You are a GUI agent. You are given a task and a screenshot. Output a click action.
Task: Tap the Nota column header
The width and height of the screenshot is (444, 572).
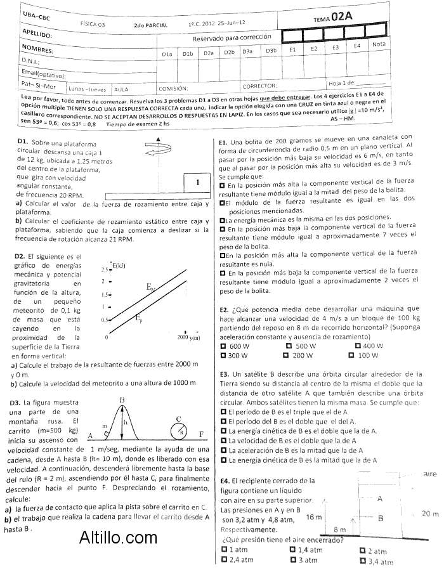[x=379, y=44]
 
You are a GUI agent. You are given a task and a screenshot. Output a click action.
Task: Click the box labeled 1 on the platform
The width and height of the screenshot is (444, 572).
[x=198, y=183]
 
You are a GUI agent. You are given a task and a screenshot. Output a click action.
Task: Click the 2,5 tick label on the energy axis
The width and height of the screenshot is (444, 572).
[x=105, y=270]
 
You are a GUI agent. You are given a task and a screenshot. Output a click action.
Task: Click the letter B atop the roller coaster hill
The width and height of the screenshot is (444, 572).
[x=122, y=399]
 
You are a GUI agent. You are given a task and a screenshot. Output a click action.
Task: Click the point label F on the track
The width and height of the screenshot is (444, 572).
[x=201, y=434]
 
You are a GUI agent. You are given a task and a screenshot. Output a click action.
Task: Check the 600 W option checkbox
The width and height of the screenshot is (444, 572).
[x=223, y=346]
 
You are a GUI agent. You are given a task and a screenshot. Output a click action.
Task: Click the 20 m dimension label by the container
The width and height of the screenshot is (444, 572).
[x=429, y=514]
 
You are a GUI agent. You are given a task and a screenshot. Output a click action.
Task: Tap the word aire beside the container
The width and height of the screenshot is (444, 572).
[x=430, y=474]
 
